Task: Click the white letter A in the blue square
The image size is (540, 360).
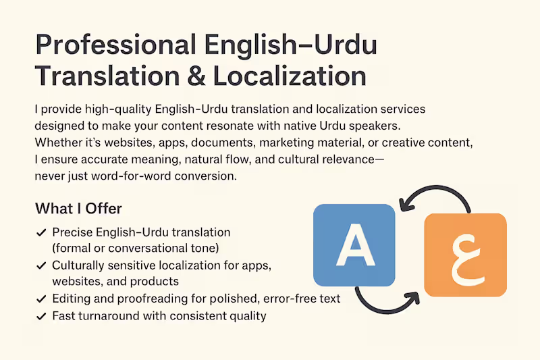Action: [354, 245]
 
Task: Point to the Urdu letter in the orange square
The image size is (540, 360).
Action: [464, 256]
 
